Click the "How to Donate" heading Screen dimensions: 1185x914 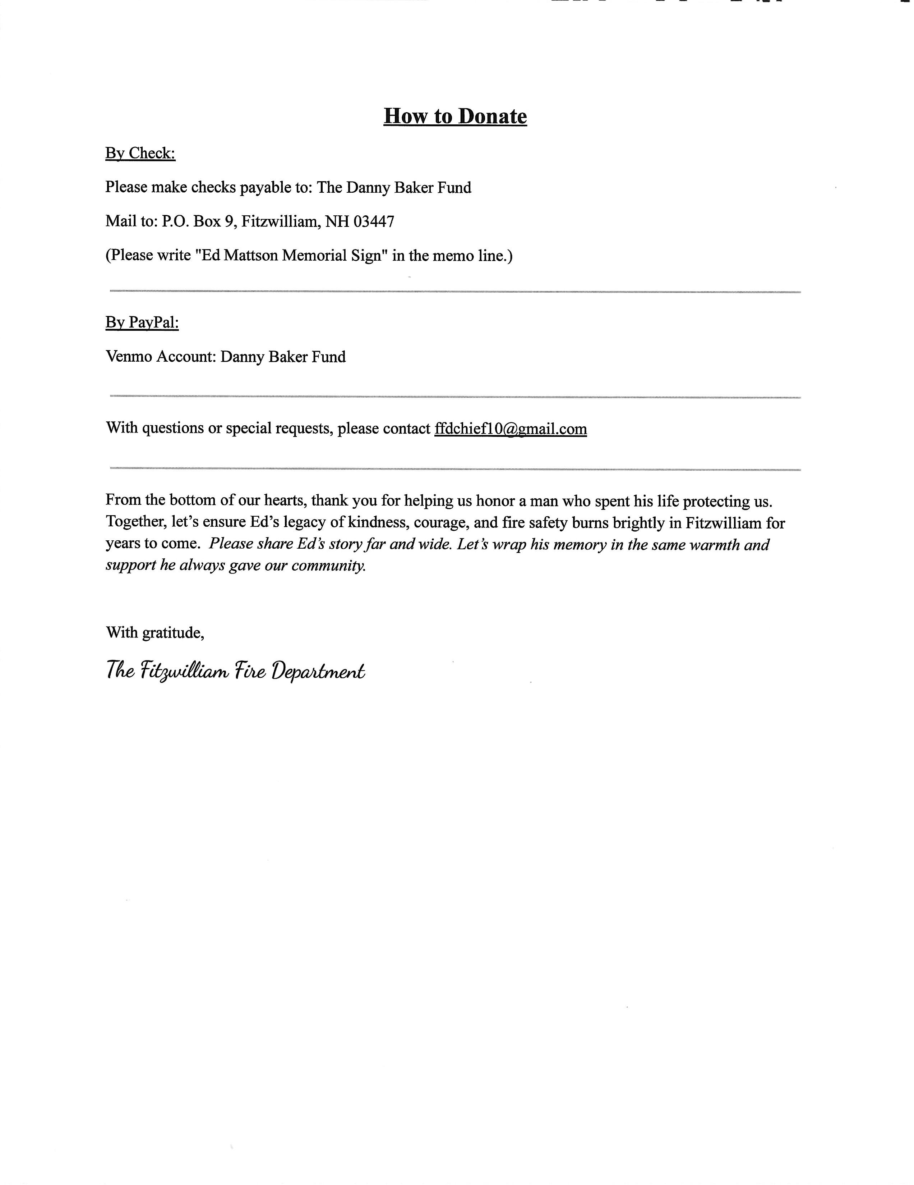tap(455, 116)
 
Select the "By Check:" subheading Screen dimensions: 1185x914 tap(140, 153)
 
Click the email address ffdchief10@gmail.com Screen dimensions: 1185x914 tap(510, 429)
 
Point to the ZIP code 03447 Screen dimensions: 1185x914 tap(374, 221)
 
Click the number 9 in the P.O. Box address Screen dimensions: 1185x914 tap(229, 221)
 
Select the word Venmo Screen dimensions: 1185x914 tap(129, 357)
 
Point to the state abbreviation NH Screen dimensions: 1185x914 tap(337, 221)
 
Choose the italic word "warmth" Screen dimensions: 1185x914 tap(714, 544)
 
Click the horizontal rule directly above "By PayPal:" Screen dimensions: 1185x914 tap(455, 291)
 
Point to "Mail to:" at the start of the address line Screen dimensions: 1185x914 tap(131, 221)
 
